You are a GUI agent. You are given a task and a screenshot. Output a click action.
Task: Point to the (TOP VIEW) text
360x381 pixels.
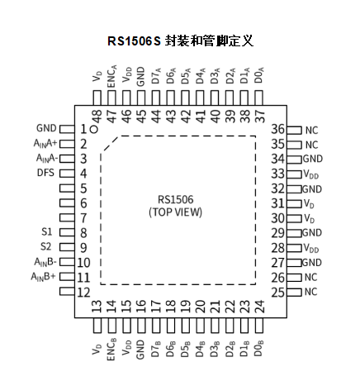[175, 212]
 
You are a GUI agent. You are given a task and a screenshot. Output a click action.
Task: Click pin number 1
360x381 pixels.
[83, 129]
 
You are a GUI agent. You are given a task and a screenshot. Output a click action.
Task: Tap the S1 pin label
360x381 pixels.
[47, 232]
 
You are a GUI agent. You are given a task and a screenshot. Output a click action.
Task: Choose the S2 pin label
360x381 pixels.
[47, 247]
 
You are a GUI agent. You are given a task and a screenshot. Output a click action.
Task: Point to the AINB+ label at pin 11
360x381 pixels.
[44, 276]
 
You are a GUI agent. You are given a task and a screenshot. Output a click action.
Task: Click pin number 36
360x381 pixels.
[278, 129]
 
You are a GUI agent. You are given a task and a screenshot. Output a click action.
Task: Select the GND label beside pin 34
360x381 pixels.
[312, 159]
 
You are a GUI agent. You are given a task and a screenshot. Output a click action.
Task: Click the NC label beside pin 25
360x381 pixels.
[310, 292]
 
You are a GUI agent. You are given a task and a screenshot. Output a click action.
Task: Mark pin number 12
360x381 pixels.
[83, 292]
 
